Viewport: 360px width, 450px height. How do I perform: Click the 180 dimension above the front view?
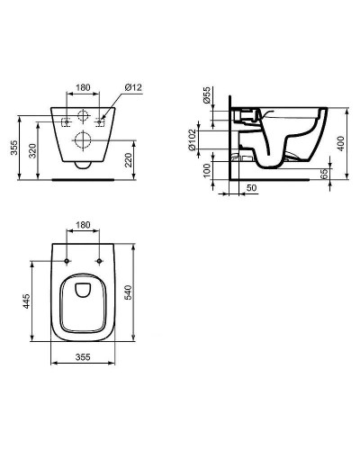pos(83,88)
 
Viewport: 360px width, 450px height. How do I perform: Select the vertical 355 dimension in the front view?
pos(13,148)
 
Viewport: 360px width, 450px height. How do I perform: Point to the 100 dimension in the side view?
pos(207,171)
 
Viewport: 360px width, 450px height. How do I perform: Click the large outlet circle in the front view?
pos(83,139)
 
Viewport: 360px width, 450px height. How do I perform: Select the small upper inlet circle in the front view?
pos(83,116)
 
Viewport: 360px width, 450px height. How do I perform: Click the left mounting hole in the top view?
pos(67,261)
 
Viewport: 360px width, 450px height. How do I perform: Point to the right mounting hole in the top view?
pos(98,261)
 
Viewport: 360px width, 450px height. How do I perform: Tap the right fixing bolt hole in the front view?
pos(99,120)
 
